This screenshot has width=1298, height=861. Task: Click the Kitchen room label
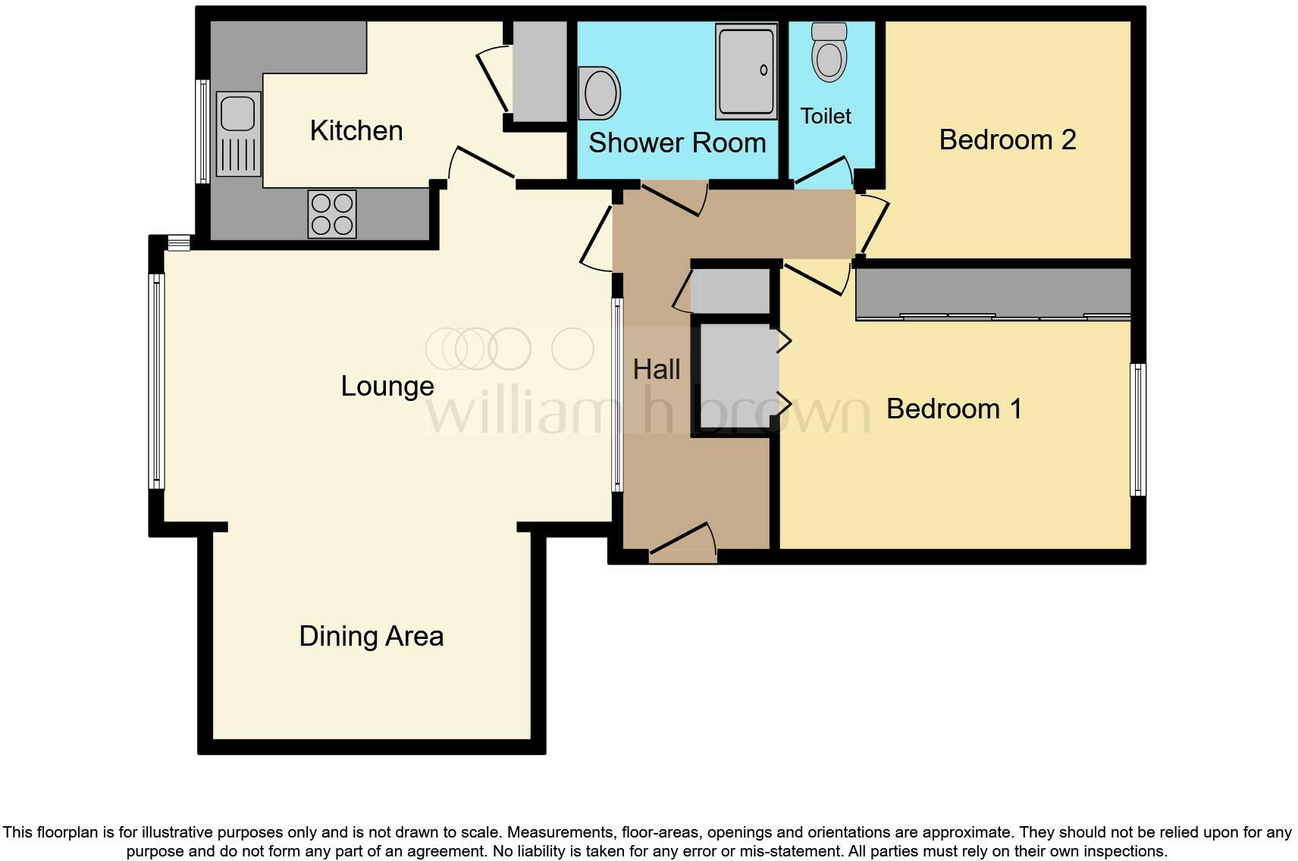click(356, 130)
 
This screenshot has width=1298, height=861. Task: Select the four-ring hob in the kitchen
click(332, 214)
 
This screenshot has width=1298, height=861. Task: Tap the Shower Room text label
click(677, 142)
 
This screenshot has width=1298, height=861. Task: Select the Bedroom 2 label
click(1007, 139)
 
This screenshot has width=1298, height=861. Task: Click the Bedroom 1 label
click(954, 409)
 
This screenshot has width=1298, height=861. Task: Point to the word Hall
click(657, 369)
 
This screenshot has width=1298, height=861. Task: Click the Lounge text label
click(387, 386)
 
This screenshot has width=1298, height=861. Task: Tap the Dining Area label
click(371, 636)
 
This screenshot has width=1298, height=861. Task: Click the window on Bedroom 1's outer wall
click(1137, 429)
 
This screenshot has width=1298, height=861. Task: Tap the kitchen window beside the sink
click(202, 131)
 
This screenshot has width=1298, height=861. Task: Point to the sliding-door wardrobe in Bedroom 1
click(993, 293)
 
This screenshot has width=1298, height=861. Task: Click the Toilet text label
click(825, 116)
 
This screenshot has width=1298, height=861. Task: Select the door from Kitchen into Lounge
click(483, 167)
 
